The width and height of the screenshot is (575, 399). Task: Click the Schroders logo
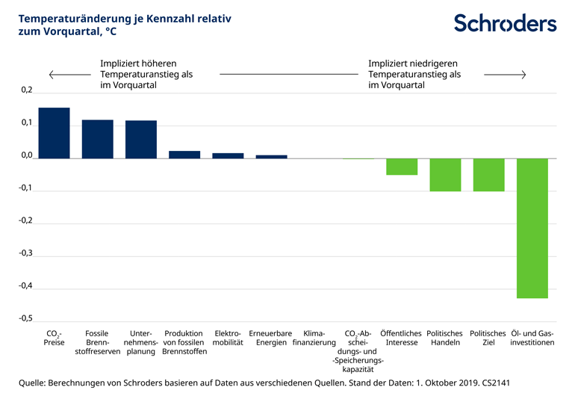pos(505,22)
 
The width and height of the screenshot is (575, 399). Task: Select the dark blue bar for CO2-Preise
pos(54,133)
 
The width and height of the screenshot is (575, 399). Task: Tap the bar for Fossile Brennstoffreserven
pos(97,139)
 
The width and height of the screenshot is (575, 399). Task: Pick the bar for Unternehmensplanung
pos(141,139)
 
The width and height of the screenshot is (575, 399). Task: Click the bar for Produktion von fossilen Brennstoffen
pos(184,155)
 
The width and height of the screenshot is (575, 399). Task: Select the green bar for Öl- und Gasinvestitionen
pos(532,228)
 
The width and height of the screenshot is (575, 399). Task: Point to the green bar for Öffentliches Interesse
pos(402,167)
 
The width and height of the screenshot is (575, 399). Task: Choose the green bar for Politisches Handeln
pos(445,175)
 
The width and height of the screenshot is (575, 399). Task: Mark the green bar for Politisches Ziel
pos(488,175)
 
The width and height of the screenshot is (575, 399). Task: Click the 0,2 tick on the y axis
pos(27,90)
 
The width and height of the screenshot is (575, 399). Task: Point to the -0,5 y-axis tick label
pos(25,318)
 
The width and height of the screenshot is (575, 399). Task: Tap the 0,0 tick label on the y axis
pos(27,155)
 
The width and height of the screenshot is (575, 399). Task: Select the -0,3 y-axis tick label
pos(25,253)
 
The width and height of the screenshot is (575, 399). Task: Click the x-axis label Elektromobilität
pos(228,338)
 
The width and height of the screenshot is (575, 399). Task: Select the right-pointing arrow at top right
pos(506,75)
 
